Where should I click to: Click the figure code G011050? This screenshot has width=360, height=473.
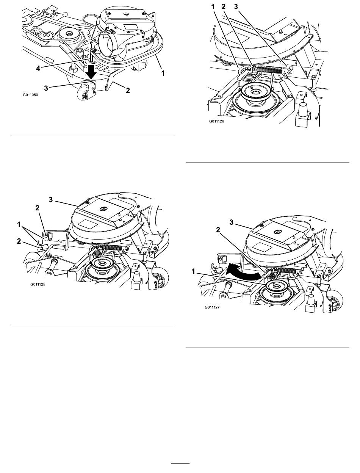tap(30, 95)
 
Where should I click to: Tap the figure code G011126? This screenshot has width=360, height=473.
tap(216, 121)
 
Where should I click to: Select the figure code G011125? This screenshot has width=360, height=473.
tap(38, 284)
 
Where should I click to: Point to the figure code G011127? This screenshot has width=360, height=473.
tap(212, 307)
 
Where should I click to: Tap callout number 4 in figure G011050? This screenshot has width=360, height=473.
tap(38, 69)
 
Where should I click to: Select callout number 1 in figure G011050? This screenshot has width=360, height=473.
tap(163, 73)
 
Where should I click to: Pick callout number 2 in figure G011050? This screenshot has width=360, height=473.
tap(128, 90)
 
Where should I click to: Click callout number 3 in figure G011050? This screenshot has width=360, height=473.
tap(46, 88)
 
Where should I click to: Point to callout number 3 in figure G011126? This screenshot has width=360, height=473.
tap(236, 7)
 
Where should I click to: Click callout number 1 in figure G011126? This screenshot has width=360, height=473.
tap(213, 7)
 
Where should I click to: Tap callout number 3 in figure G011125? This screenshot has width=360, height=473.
tap(51, 199)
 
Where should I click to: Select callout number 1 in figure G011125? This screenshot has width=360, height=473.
tap(19, 225)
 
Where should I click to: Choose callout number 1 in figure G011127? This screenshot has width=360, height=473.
tap(193, 271)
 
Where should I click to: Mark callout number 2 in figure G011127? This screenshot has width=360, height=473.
tap(218, 230)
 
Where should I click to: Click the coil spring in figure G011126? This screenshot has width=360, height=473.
tap(269, 69)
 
